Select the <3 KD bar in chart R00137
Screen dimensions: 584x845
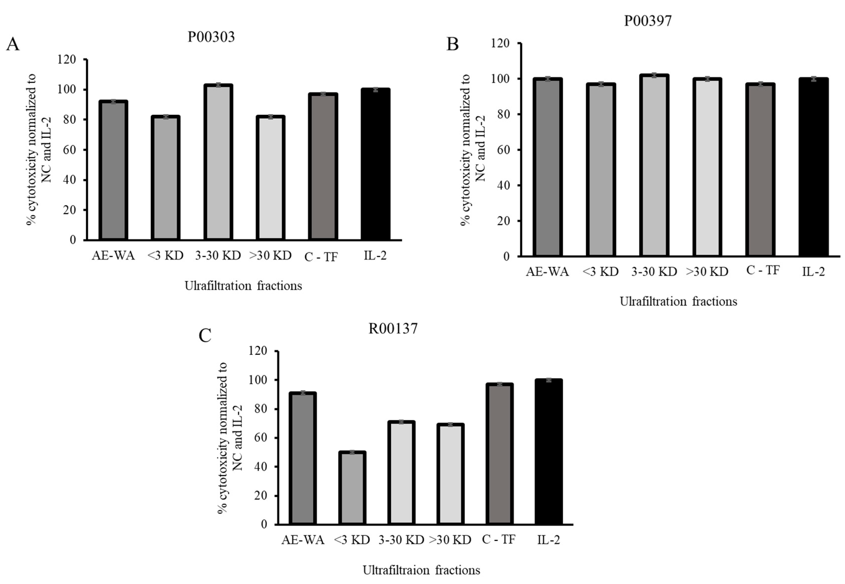click(352, 489)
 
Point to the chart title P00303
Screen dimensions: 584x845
click(211, 37)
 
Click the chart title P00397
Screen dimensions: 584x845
click(647, 21)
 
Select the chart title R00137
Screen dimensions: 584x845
click(393, 329)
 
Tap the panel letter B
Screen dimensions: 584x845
click(453, 44)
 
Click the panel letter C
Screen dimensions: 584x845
click(205, 335)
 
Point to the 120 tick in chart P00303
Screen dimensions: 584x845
click(66, 59)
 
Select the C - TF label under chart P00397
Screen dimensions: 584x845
click(763, 270)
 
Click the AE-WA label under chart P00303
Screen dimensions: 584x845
click(113, 255)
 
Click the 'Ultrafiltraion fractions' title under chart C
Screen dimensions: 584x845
click(421, 570)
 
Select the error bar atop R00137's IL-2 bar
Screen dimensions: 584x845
click(548, 380)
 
